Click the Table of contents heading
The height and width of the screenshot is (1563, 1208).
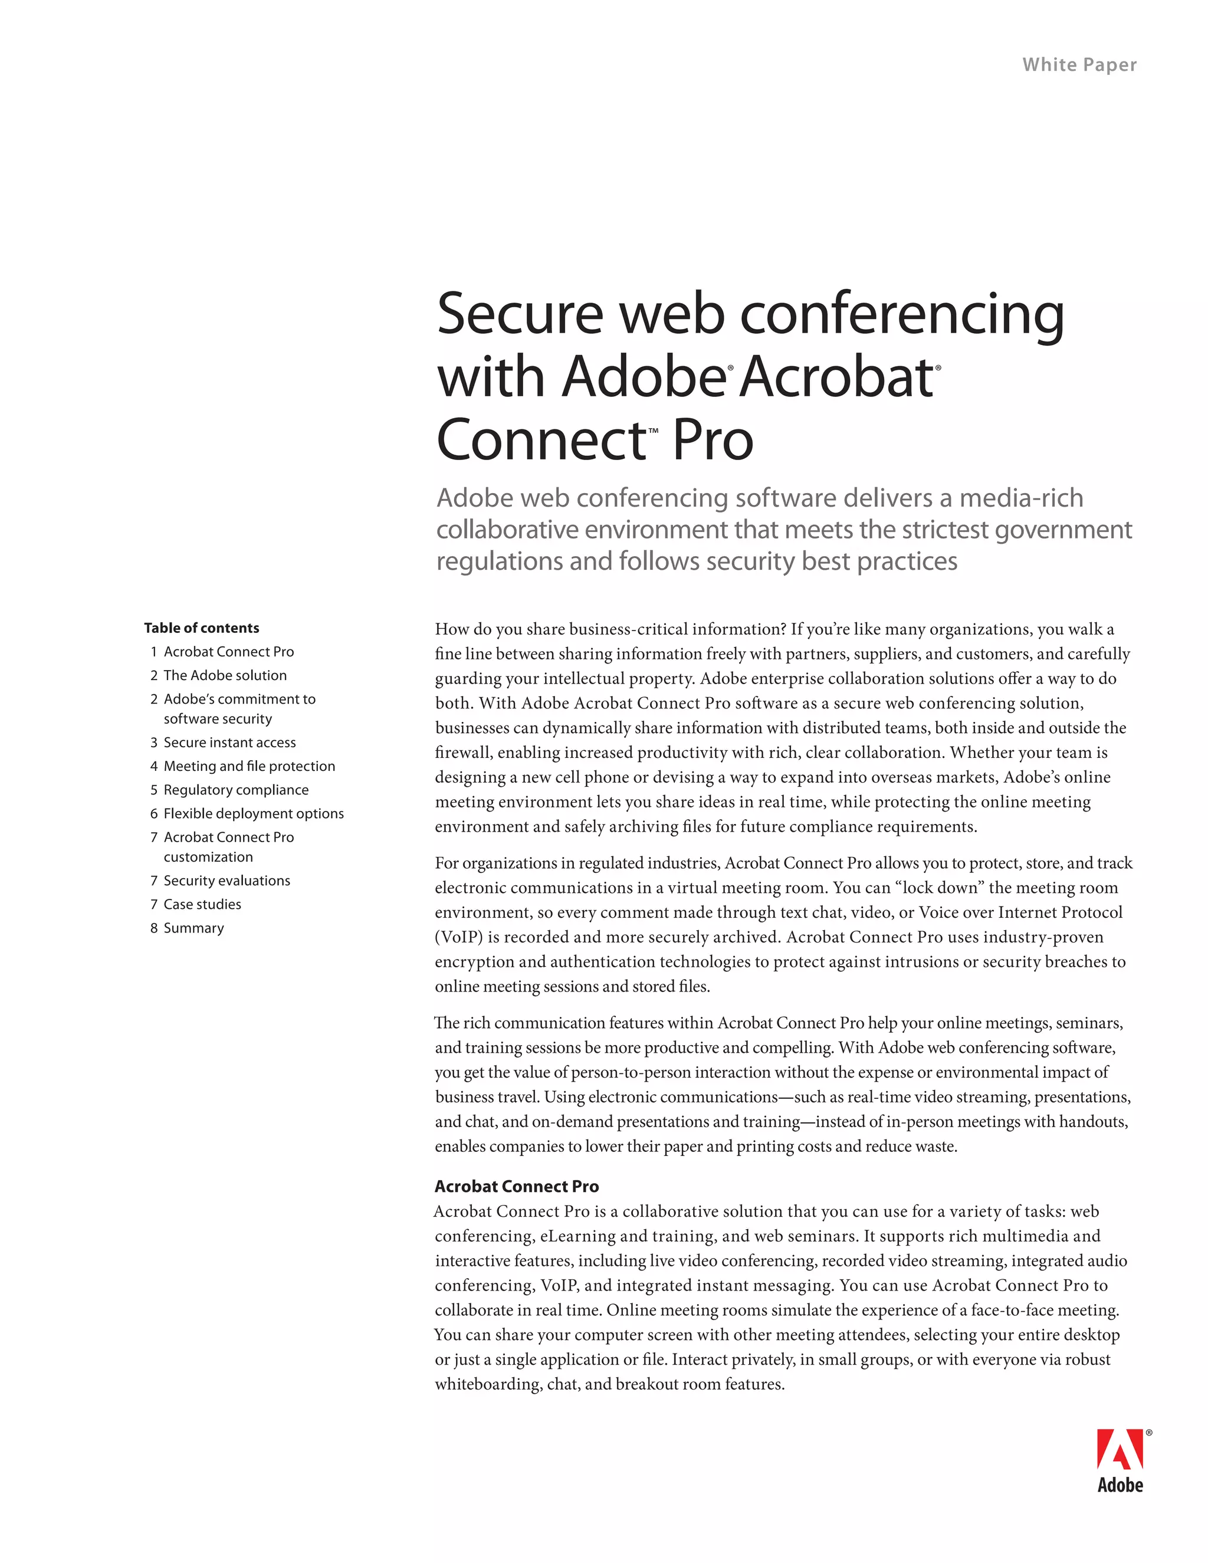(201, 628)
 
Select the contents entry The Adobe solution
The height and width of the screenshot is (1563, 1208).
(225, 675)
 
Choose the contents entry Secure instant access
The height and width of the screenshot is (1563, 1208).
(229, 742)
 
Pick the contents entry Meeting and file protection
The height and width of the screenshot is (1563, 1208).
(249, 766)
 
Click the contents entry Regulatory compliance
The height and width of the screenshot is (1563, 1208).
(236, 789)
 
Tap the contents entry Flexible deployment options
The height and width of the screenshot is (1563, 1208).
(253, 813)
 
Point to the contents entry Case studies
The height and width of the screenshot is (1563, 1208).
(202, 904)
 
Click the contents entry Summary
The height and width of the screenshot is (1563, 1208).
(194, 928)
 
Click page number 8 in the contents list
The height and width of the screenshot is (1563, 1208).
(154, 928)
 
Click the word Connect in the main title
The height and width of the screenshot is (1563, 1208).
(541, 440)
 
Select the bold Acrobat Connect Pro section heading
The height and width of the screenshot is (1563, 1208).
(517, 1186)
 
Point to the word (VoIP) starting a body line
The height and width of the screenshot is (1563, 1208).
(459, 937)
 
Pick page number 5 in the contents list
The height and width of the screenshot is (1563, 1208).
(154, 789)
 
